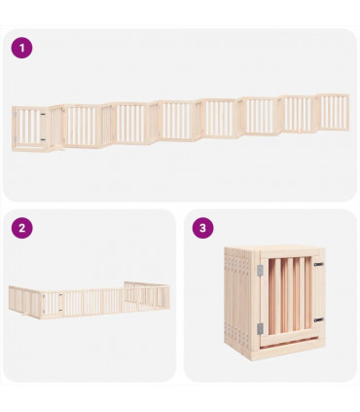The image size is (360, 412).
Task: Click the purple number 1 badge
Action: (x=22, y=48)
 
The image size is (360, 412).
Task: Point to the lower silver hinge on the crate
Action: (x=259, y=328)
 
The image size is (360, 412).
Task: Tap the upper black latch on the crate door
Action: (x=319, y=263)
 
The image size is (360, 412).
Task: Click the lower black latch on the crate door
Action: (x=319, y=319)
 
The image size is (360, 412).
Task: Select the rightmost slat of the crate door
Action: (x=306, y=294)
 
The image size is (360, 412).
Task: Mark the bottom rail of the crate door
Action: (x=288, y=338)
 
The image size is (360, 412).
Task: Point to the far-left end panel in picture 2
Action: (x=13, y=298)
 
